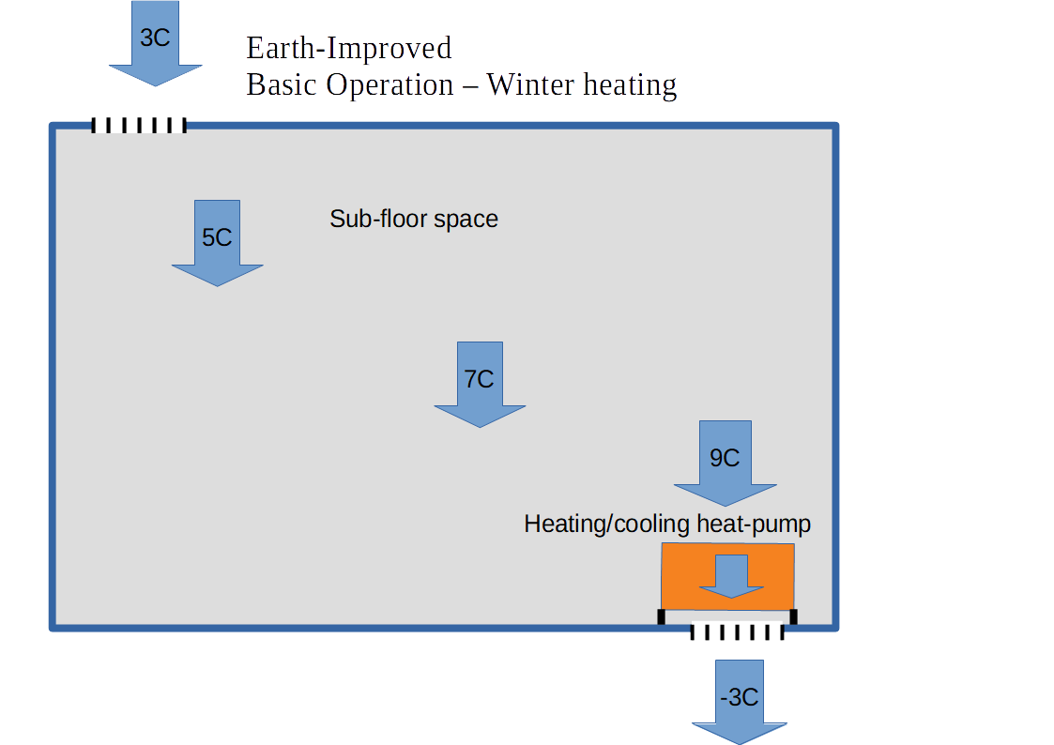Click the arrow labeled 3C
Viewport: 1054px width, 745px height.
(x=155, y=42)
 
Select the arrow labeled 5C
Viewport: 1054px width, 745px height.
(x=217, y=240)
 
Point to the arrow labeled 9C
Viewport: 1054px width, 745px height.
(x=725, y=461)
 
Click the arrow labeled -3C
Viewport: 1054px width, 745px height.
(x=739, y=700)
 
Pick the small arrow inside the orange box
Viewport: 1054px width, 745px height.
(x=732, y=575)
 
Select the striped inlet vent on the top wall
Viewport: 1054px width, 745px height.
(x=138, y=125)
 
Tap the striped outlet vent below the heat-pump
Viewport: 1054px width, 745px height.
(x=737, y=632)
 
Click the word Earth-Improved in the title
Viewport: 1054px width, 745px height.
(x=348, y=48)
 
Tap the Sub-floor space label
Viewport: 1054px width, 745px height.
(x=413, y=220)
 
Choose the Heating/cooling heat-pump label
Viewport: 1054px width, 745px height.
(x=666, y=524)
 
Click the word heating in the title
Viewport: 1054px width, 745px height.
(x=629, y=86)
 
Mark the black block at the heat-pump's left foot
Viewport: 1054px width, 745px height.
(x=661, y=616)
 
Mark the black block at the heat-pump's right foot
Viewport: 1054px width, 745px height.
(x=793, y=616)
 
